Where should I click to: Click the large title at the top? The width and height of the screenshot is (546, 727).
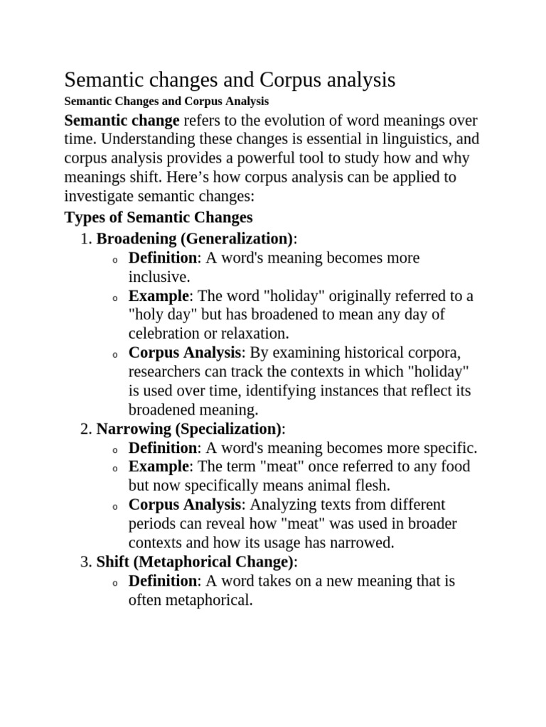[x=230, y=80]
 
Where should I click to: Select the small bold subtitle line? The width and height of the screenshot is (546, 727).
[x=166, y=102]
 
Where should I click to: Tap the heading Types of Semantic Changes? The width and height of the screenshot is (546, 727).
[x=159, y=217]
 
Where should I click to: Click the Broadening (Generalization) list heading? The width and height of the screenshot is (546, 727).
[x=195, y=239]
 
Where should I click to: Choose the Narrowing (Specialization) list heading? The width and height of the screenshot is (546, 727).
[x=190, y=429]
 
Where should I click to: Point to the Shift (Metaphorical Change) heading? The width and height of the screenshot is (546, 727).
[x=196, y=562]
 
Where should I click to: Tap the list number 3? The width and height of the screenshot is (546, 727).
[x=85, y=562]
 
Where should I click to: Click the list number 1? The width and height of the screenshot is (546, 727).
[x=85, y=239]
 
